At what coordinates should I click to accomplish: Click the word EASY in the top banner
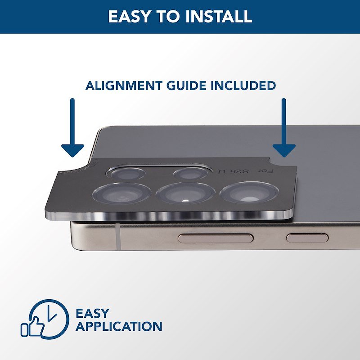click(x=129, y=16)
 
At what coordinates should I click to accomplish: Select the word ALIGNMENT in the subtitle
click(x=124, y=85)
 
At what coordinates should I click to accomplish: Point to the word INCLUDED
click(x=243, y=85)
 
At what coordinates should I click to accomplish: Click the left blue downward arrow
click(x=72, y=128)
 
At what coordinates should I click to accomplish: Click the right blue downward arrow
click(x=284, y=128)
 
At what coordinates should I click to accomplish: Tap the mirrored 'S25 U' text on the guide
click(x=233, y=171)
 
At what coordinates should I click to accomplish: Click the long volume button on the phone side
click(x=216, y=238)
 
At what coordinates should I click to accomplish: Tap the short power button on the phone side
click(x=307, y=238)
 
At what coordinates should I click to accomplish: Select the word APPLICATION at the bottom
click(x=119, y=326)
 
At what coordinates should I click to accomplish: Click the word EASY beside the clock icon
click(x=92, y=313)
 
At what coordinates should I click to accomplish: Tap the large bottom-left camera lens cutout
click(x=121, y=193)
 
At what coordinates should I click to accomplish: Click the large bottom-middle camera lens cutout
click(x=185, y=193)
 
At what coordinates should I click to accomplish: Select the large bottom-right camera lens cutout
click(x=249, y=192)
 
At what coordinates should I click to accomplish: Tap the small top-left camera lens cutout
click(x=127, y=174)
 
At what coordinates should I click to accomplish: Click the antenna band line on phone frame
click(x=118, y=237)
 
